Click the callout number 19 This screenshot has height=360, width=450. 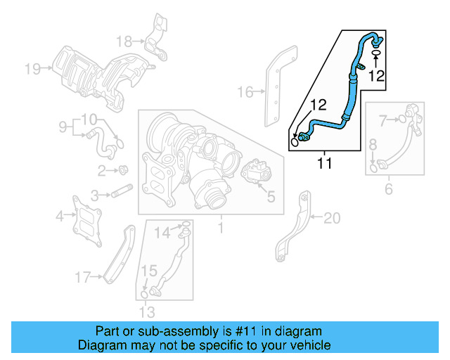[32, 68]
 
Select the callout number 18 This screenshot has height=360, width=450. [124, 40]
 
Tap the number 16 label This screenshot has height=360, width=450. [244, 91]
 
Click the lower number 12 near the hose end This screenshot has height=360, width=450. [319, 105]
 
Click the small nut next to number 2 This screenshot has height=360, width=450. [124, 169]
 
